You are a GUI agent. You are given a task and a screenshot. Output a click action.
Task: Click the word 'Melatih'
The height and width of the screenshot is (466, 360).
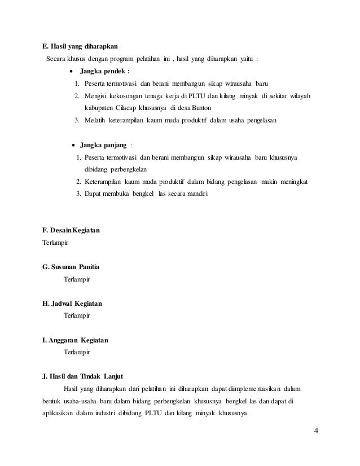pyautogui.click(x=95, y=120)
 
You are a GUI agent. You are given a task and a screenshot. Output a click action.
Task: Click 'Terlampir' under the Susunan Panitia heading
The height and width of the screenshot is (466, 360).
pyautogui.click(x=77, y=279)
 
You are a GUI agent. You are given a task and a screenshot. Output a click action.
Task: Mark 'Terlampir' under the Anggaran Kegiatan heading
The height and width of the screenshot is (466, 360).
pyautogui.click(x=77, y=351)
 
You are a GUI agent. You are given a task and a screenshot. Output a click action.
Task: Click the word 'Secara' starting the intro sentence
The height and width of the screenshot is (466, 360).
pyautogui.click(x=55, y=59)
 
